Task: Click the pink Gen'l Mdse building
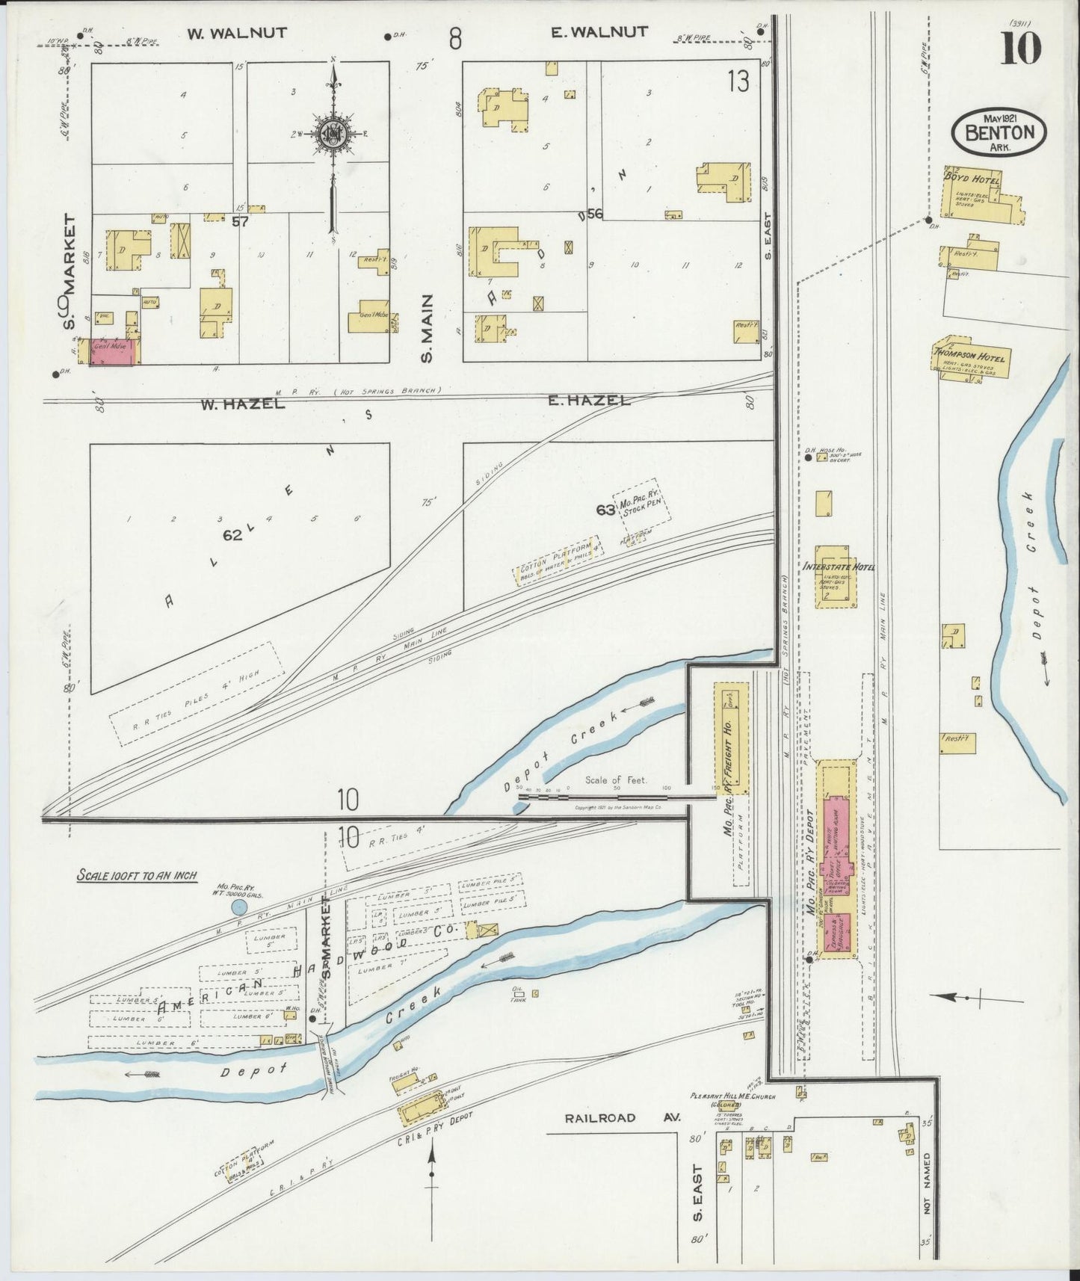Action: point(113,351)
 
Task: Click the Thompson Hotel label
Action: point(972,356)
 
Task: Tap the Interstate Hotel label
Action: point(838,567)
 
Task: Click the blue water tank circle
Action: point(238,908)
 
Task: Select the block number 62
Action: point(233,535)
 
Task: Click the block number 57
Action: point(240,221)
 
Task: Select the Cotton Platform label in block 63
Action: point(557,559)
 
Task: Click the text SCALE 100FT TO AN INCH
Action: point(137,874)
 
